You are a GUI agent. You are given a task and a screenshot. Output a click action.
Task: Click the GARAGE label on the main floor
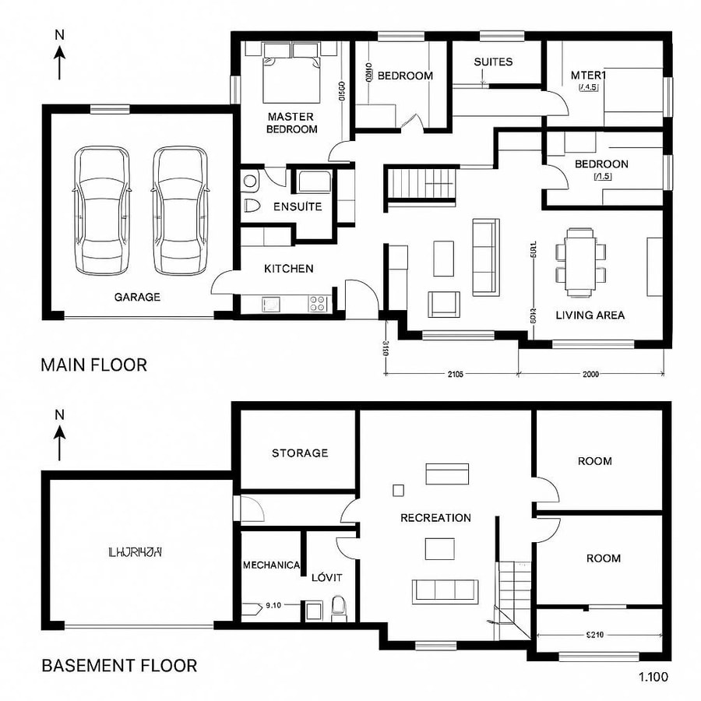pyautogui.click(x=137, y=297)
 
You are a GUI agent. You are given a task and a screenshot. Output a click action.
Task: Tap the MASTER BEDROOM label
pyautogui.click(x=291, y=123)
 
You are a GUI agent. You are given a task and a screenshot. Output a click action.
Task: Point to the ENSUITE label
pyautogui.click(x=298, y=207)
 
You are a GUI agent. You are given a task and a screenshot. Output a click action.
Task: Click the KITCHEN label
pyautogui.click(x=289, y=269)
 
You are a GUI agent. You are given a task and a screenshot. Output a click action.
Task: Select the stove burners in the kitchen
pyautogui.click(x=318, y=303)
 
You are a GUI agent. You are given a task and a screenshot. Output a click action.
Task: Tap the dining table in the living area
pyautogui.click(x=581, y=255)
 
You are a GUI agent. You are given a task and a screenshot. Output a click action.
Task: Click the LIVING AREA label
pyautogui.click(x=590, y=315)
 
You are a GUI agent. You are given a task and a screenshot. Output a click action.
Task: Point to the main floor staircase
pyautogui.click(x=421, y=185)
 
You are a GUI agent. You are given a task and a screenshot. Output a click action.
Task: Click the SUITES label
pyautogui.click(x=493, y=62)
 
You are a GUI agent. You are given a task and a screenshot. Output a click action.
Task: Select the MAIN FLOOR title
pyautogui.click(x=93, y=365)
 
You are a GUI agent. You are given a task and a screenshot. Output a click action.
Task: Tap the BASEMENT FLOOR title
pyautogui.click(x=118, y=665)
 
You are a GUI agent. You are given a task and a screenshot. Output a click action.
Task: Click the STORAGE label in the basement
pyautogui.click(x=299, y=453)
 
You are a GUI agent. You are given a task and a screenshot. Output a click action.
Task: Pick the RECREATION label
pyautogui.click(x=435, y=518)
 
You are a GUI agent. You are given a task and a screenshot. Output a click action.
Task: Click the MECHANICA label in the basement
pyautogui.click(x=271, y=565)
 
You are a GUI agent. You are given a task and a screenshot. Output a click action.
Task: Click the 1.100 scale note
pyautogui.click(x=652, y=677)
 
